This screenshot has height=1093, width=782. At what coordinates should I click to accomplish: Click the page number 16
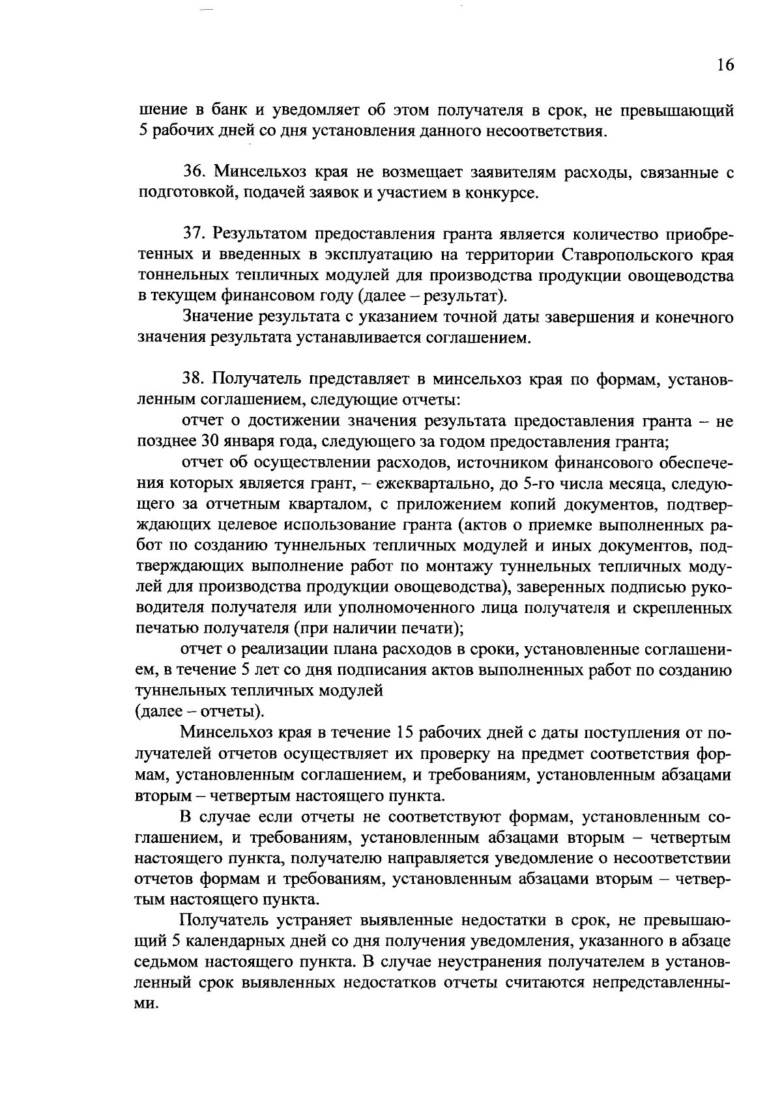[x=725, y=64]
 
